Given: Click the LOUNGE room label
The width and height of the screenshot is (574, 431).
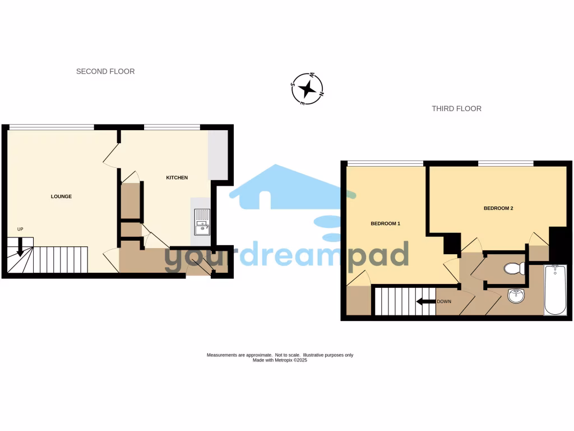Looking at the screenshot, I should point(61,196).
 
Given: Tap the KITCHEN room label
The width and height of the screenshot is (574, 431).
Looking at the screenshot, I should point(177,178).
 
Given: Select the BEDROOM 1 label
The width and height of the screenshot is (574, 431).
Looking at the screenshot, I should point(385,223).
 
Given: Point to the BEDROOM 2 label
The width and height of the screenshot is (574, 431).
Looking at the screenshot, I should point(498,208).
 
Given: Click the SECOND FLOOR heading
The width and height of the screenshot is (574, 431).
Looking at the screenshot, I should point(105,71).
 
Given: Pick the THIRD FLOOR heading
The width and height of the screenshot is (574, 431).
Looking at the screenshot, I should point(456,108).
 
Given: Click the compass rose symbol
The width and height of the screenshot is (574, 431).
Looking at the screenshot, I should point(307,89).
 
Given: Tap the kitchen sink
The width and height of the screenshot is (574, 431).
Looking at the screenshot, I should point(202,222).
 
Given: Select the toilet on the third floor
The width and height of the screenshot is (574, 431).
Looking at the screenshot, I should point(513,269).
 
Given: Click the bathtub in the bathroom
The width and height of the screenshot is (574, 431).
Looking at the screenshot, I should point(555,290).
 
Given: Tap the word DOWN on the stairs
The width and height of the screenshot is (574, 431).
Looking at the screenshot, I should point(444,301).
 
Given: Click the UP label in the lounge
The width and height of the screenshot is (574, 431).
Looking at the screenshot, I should point(21,229).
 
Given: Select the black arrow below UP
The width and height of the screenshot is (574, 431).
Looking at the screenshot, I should point(21,246).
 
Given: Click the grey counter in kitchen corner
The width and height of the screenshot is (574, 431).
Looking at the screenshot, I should point(217,155).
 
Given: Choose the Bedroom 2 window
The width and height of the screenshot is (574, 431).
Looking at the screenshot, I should point(505,163).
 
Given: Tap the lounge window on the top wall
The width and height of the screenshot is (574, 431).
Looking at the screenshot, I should point(51,127).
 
